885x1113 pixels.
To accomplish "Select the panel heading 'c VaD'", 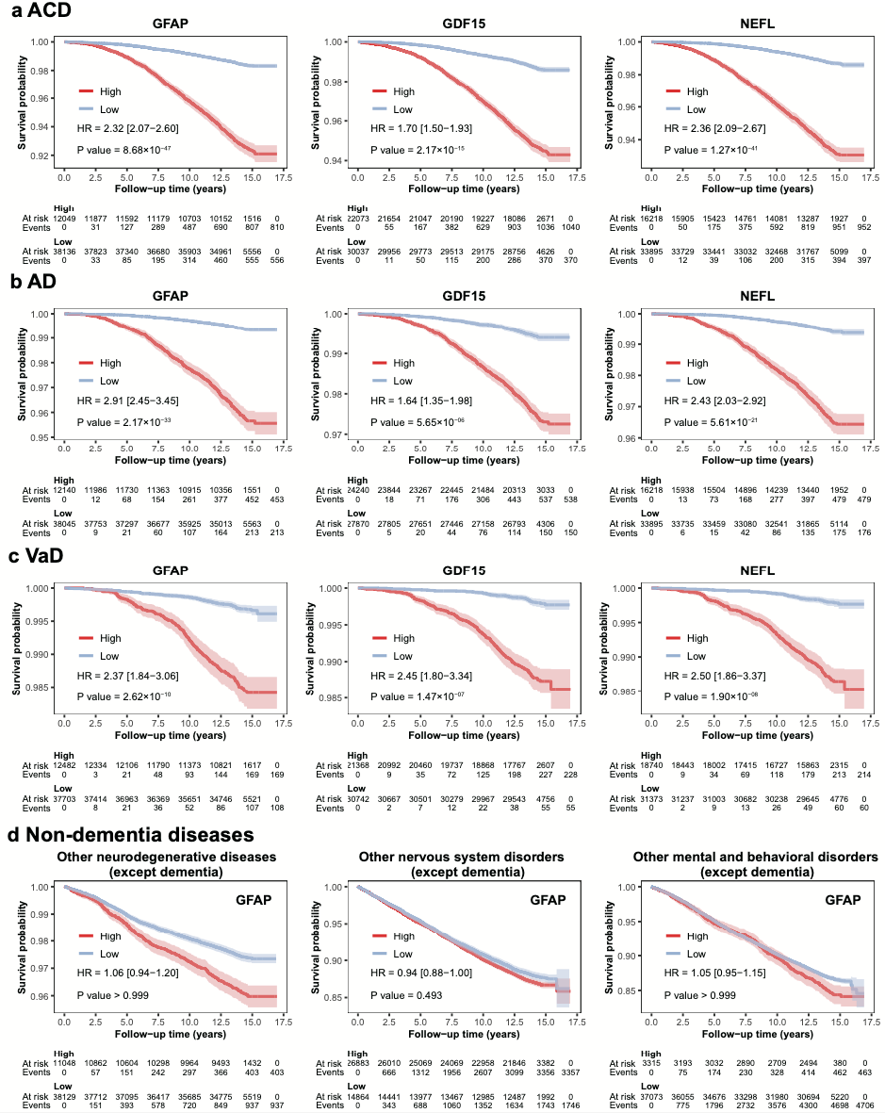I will coord(37,558).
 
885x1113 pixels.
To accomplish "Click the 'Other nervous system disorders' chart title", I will coord(461,857).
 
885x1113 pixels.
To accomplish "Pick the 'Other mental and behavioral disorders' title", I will coord(755,857).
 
